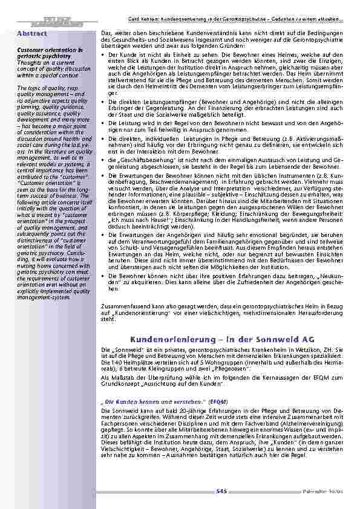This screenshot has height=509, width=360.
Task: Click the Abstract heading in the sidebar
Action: coord(33,34)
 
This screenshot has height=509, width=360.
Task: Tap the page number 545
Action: coord(221,493)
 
